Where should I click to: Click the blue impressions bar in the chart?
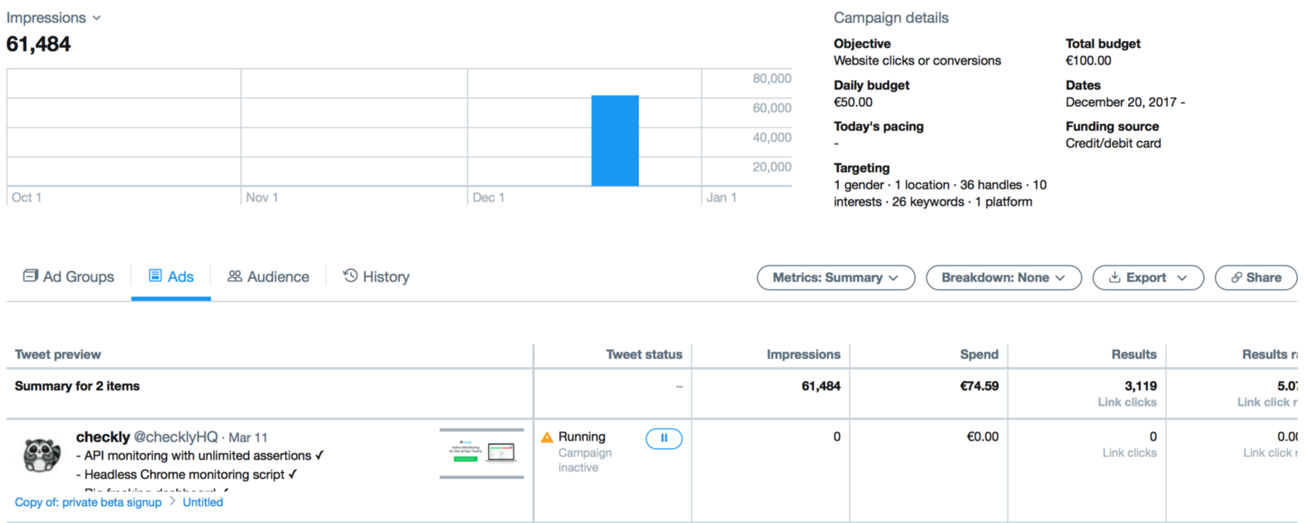click(x=615, y=140)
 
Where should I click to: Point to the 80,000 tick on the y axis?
click(x=771, y=78)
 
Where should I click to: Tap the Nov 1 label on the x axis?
click(x=262, y=197)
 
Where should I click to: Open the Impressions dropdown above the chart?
click(x=54, y=18)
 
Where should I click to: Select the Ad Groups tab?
click(x=69, y=277)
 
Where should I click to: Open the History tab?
click(x=376, y=277)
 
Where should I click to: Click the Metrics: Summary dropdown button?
click(x=836, y=277)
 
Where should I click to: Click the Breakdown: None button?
click(x=1003, y=277)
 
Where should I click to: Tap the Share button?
click(x=1255, y=277)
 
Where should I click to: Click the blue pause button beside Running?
click(x=664, y=438)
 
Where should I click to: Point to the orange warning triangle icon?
click(x=547, y=437)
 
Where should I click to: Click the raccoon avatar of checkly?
click(x=42, y=454)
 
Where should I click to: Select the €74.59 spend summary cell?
click(x=979, y=386)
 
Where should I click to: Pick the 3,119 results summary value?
click(x=1140, y=386)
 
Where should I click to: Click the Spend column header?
click(x=979, y=354)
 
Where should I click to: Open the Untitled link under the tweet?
click(x=202, y=502)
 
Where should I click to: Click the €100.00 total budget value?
click(x=1088, y=60)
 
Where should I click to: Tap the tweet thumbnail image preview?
click(x=482, y=453)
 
